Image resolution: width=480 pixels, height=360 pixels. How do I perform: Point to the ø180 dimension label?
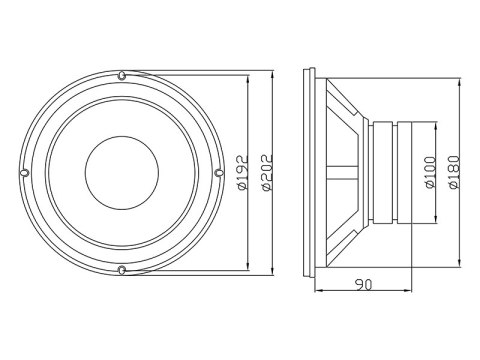[x=454, y=172]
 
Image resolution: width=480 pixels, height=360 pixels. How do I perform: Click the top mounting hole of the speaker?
[x=121, y=75]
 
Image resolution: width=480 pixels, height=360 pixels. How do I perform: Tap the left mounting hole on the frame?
[x=24, y=172]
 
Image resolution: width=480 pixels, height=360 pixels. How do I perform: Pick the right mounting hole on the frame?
[x=218, y=172]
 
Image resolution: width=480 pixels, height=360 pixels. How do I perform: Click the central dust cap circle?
[x=121, y=172]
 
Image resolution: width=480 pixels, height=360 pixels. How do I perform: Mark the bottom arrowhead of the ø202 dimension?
[x=273, y=270]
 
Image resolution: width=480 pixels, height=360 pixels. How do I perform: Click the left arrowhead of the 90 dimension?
[x=317, y=293]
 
